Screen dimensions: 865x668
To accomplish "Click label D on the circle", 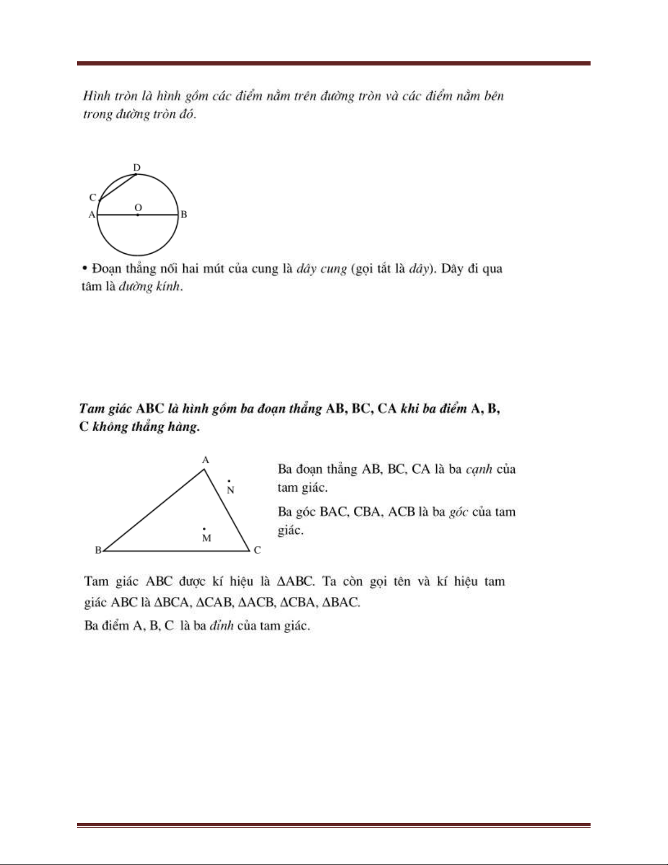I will click(x=137, y=167).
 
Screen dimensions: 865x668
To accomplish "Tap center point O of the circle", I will click(x=137, y=215).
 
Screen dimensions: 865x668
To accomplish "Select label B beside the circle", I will click(x=184, y=215).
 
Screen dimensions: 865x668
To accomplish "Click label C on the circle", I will click(x=93, y=198).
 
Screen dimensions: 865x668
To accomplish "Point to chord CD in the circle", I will click(x=117, y=188).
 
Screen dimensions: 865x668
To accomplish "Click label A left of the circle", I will click(x=92, y=215).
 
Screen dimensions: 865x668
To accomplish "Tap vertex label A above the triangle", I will click(x=206, y=460).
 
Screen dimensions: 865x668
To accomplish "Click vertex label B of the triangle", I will click(x=98, y=550).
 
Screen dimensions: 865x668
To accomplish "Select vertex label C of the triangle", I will click(x=257, y=550).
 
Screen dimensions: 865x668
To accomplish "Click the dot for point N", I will click(x=228, y=481).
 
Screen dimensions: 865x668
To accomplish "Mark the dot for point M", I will click(x=204, y=529).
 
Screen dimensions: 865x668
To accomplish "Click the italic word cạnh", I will click(x=479, y=469).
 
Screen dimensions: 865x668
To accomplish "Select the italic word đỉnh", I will click(x=221, y=625).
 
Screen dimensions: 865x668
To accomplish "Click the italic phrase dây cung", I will click(x=322, y=269).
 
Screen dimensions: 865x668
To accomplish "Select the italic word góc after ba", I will click(x=458, y=512).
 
